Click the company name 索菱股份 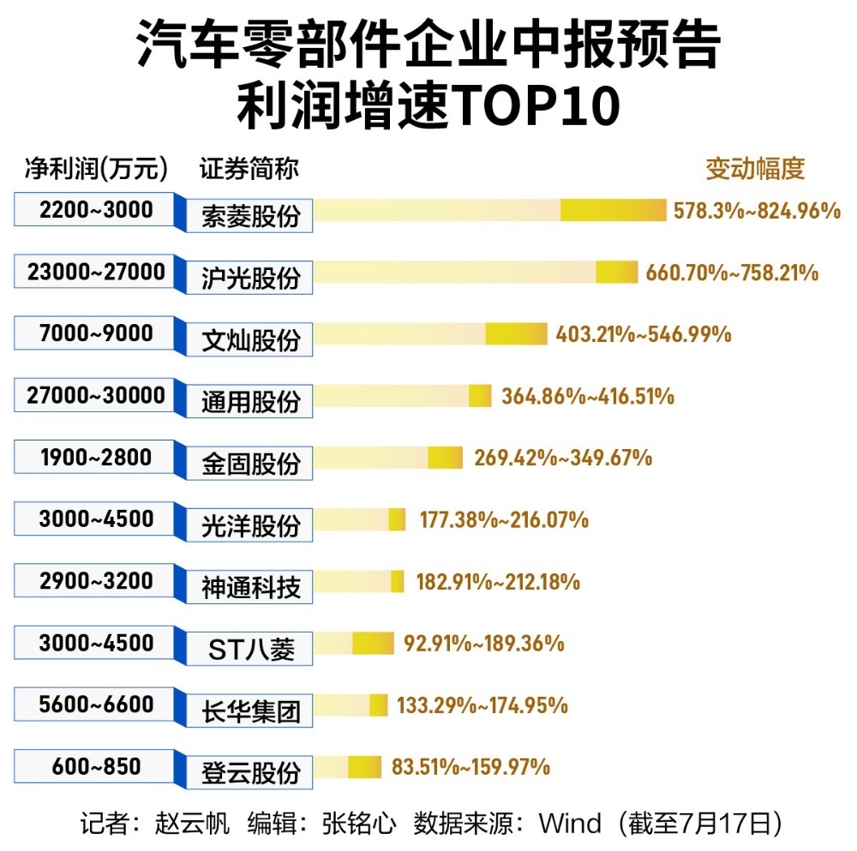pos(250,215)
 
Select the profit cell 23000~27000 pos(96,273)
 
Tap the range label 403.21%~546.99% pos(643,334)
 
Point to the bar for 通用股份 pos(403,396)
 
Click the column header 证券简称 pos(249,169)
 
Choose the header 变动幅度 pos(755,169)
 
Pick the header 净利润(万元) pos(96,169)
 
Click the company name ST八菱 pos(250,649)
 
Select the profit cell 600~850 pos(96,766)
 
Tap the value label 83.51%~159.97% pos(470,767)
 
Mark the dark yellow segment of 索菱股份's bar pos(613,210)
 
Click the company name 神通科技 pos(250,587)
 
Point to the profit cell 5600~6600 pos(96,704)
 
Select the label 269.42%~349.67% pos(562,458)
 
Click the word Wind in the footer pos(569,824)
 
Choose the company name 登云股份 pos(250,772)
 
